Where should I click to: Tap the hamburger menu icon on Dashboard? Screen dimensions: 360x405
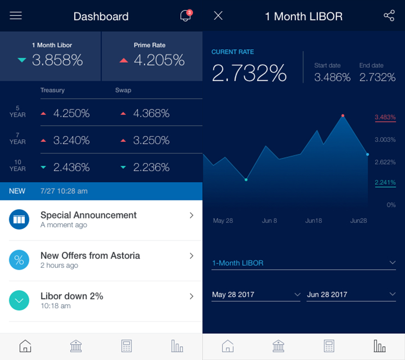click(x=16, y=16)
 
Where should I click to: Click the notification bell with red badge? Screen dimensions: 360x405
click(x=185, y=16)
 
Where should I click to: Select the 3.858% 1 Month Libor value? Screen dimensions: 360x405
click(x=57, y=60)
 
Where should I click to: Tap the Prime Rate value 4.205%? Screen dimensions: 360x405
click(x=159, y=60)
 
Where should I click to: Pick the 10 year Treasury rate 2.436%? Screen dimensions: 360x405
click(x=71, y=167)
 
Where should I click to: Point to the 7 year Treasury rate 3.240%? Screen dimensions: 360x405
click(x=71, y=140)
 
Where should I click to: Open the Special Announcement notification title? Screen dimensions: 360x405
click(x=89, y=215)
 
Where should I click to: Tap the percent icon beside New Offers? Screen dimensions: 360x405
click(x=19, y=260)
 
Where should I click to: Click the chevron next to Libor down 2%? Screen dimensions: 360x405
click(x=191, y=296)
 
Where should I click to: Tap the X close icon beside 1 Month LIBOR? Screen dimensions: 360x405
click(x=218, y=16)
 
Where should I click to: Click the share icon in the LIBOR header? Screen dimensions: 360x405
click(x=389, y=16)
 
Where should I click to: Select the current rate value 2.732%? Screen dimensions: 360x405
click(x=249, y=73)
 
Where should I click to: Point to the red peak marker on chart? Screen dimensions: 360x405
click(x=343, y=116)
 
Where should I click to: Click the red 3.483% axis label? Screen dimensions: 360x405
click(x=385, y=117)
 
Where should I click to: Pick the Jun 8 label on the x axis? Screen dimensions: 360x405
click(x=269, y=221)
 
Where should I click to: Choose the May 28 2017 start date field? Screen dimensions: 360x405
click(x=256, y=295)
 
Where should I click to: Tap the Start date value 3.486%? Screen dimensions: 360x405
click(x=332, y=77)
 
